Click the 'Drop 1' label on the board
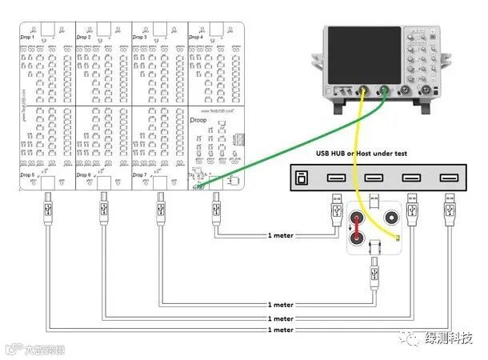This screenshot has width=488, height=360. pyautogui.click(x=27, y=37)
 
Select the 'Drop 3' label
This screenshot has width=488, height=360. pyautogui.click(x=139, y=37)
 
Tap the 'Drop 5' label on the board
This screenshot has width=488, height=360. pyautogui.click(x=27, y=174)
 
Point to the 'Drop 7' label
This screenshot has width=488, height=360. pyautogui.click(x=139, y=174)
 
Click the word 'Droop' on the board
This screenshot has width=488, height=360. pyautogui.click(x=200, y=119)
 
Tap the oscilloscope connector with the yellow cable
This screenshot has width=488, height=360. pyautogui.click(x=364, y=90)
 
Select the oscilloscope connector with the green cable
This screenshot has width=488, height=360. pyautogui.click(x=386, y=90)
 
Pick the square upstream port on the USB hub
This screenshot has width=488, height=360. pyautogui.click(x=302, y=178)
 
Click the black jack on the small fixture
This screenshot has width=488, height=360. pyautogui.click(x=392, y=217)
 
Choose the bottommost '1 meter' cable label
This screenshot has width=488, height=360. pyautogui.click(x=281, y=329)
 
